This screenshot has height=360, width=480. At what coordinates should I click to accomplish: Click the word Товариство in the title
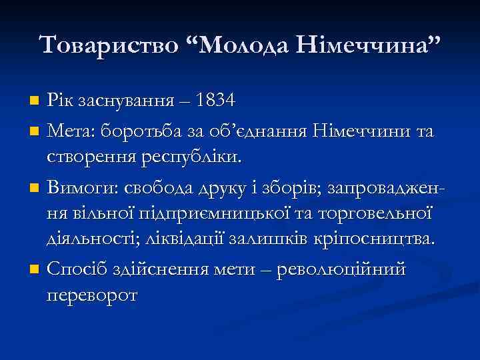click(x=109, y=45)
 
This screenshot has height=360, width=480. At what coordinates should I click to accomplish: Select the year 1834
click(x=215, y=101)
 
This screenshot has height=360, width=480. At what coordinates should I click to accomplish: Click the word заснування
click(x=126, y=101)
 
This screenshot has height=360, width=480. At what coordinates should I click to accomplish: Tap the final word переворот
click(x=93, y=295)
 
